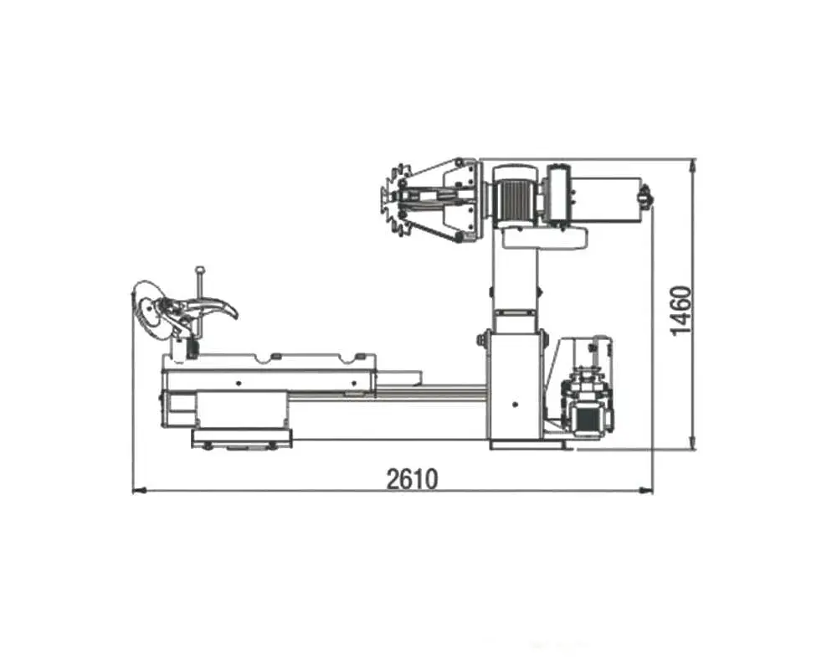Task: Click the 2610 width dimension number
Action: pyautogui.click(x=412, y=479)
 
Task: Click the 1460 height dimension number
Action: pyautogui.click(x=681, y=311)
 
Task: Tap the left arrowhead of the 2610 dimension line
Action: pyautogui.click(x=139, y=489)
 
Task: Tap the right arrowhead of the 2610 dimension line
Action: pyautogui.click(x=645, y=489)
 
